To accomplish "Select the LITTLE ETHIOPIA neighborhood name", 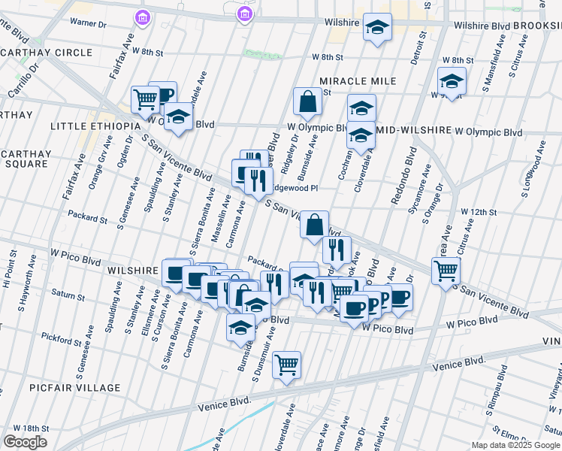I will [x=95, y=126].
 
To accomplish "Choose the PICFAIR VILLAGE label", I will [x=75, y=388].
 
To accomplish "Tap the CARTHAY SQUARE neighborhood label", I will [x=26, y=159].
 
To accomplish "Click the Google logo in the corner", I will [x=25, y=442].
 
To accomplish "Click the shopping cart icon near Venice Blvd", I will [x=286, y=365].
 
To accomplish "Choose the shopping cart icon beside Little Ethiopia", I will [x=144, y=98].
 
